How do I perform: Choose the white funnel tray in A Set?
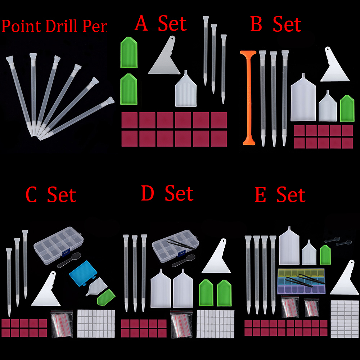point(186,90)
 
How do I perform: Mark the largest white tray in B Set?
point(303,99)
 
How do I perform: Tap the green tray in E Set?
point(325,255)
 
